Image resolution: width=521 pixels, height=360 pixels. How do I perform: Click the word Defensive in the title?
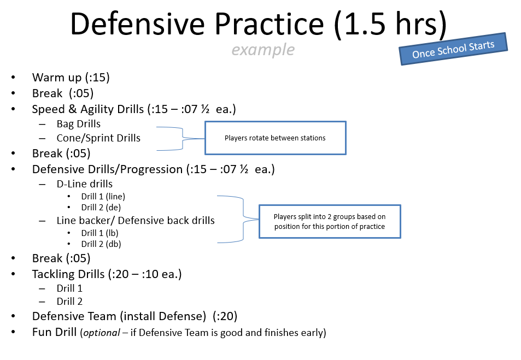pos(138,24)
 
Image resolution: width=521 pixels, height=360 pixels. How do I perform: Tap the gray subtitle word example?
pos(263,50)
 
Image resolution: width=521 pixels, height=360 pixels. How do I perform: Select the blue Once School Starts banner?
pos(453,49)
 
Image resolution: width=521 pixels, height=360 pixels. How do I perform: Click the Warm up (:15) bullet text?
pos(71,78)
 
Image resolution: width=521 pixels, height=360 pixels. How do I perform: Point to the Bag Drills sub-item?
pos(78,124)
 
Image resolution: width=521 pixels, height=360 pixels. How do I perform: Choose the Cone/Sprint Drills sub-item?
pos(98,138)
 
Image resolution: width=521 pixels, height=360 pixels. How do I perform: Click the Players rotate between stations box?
pos(276,138)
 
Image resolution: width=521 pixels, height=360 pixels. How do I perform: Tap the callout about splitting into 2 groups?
pos(330,221)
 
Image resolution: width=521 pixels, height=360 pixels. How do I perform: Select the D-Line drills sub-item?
pos(84,184)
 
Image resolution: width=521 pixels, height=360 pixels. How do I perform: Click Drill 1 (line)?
pos(103,197)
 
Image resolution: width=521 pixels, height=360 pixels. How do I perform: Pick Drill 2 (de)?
pos(101,208)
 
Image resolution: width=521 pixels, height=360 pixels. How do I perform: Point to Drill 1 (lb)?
pos(99,233)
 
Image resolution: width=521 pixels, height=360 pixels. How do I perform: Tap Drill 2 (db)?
pos(101,244)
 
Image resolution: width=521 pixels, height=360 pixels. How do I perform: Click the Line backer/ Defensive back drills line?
pos(136,221)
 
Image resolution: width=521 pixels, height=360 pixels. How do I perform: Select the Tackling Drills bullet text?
pos(107,274)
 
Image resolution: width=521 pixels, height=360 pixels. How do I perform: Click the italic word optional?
pos(101,333)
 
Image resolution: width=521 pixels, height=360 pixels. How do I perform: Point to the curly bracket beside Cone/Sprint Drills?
pos(181,139)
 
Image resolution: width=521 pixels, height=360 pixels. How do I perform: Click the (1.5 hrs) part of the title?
pos(390,25)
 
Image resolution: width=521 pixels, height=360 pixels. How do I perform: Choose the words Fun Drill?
pos(54,332)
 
